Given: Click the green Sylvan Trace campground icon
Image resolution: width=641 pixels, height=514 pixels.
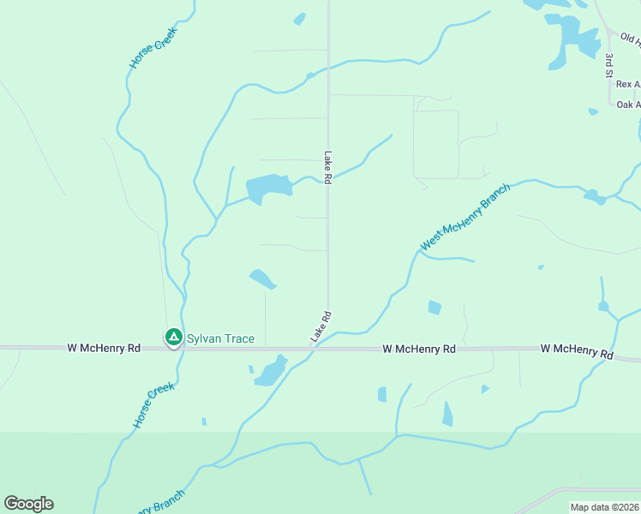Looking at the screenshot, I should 173,338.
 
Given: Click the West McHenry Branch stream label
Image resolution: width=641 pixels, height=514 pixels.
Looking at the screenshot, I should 464,217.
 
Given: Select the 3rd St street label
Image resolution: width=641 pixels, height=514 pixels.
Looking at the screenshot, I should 608,66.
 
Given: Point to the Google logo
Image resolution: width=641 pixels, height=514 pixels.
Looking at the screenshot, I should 28,504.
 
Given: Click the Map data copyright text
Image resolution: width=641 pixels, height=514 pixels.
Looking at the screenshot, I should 604,507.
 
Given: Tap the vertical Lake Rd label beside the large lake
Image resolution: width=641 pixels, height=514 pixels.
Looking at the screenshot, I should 327,167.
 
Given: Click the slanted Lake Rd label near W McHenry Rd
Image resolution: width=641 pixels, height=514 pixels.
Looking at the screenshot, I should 321,327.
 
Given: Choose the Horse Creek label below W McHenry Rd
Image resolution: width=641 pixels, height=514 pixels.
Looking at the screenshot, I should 153,405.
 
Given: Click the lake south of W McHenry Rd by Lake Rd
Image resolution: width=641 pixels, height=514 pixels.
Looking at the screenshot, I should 272,371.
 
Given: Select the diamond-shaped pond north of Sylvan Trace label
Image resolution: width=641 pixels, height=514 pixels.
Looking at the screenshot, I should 262,278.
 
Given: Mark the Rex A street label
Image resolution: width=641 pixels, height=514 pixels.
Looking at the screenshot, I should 628,84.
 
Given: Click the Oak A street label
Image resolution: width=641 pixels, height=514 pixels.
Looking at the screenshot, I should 628,105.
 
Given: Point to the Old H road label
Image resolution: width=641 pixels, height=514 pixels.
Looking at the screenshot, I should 630,39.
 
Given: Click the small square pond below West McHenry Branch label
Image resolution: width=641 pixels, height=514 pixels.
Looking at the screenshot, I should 434,308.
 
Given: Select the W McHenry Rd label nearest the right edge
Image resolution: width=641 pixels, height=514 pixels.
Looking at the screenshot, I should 577,352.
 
